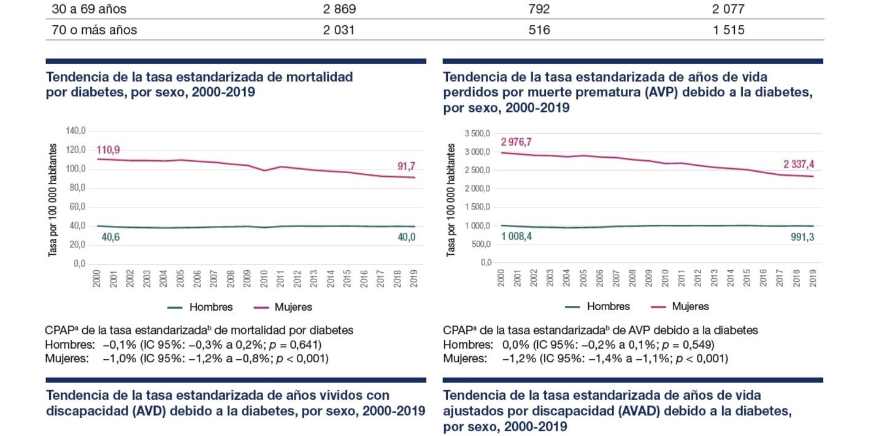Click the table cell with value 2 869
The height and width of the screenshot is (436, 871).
click(x=339, y=10)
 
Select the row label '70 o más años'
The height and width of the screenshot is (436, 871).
click(x=94, y=30)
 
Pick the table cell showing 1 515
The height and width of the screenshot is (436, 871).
click(x=729, y=30)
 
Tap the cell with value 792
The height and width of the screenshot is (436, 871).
click(x=539, y=10)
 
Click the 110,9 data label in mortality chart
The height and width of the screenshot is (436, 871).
click(x=108, y=150)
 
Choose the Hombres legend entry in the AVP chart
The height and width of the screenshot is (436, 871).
click(x=608, y=306)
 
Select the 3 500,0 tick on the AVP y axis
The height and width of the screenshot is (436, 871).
click(x=478, y=133)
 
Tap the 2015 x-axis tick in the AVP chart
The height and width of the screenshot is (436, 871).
click(x=746, y=279)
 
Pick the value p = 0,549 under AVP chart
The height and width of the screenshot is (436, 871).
click(x=689, y=345)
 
